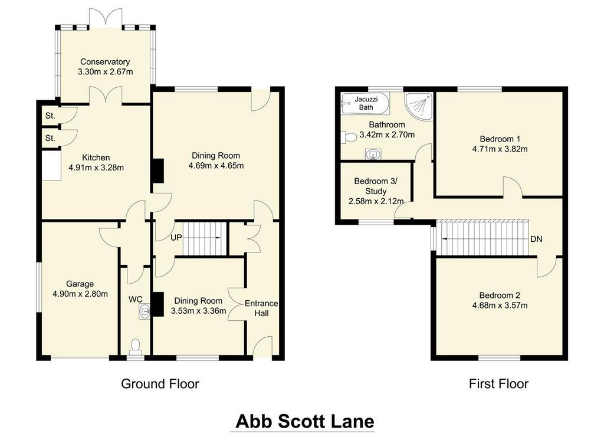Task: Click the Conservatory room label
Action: [x=105, y=62]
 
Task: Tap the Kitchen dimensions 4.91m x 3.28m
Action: [x=96, y=168]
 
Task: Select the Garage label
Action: [x=80, y=284]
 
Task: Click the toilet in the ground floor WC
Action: [x=135, y=346]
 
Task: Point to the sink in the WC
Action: [x=145, y=311]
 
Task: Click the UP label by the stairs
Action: [x=176, y=238]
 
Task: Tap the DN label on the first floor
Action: [x=536, y=239]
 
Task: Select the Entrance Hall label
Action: [x=261, y=308]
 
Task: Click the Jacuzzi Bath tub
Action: [x=365, y=103]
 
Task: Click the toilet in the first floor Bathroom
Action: [x=349, y=137]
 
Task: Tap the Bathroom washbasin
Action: [x=373, y=154]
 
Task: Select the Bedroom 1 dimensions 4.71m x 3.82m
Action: [x=500, y=149]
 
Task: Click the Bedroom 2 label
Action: [x=500, y=295]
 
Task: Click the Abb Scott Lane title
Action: [x=305, y=421]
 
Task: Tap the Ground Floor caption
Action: [x=160, y=384]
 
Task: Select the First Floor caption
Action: [x=498, y=384]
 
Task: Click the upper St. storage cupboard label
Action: [x=50, y=116]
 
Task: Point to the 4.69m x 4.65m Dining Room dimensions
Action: [x=216, y=166]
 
